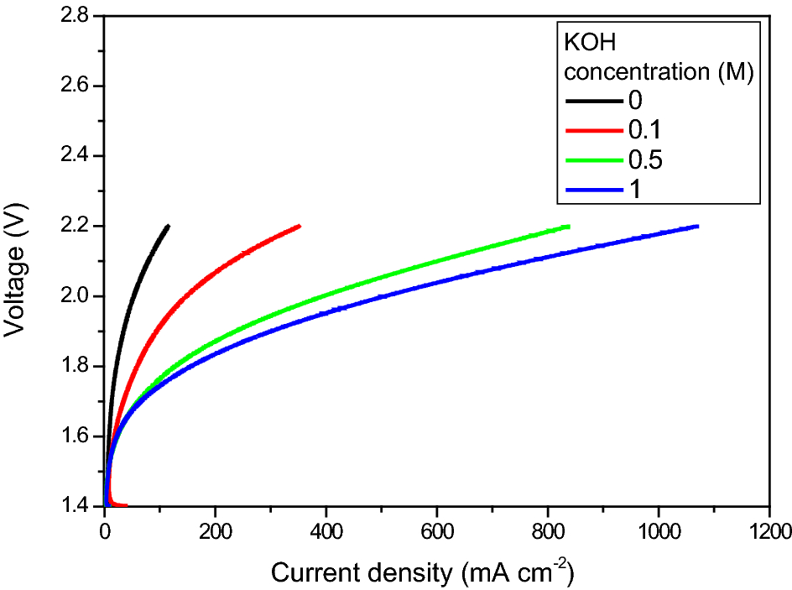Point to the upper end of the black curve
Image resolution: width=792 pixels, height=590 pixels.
(x=169, y=226)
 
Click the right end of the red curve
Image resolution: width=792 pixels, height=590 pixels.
(x=300, y=226)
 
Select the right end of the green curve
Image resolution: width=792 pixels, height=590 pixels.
(x=569, y=227)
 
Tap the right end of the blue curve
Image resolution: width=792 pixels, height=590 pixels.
(x=697, y=226)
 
